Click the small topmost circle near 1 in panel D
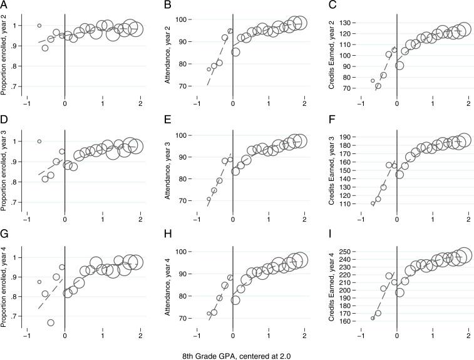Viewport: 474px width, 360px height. (x=39, y=141)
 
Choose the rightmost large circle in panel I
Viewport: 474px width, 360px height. (x=464, y=255)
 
